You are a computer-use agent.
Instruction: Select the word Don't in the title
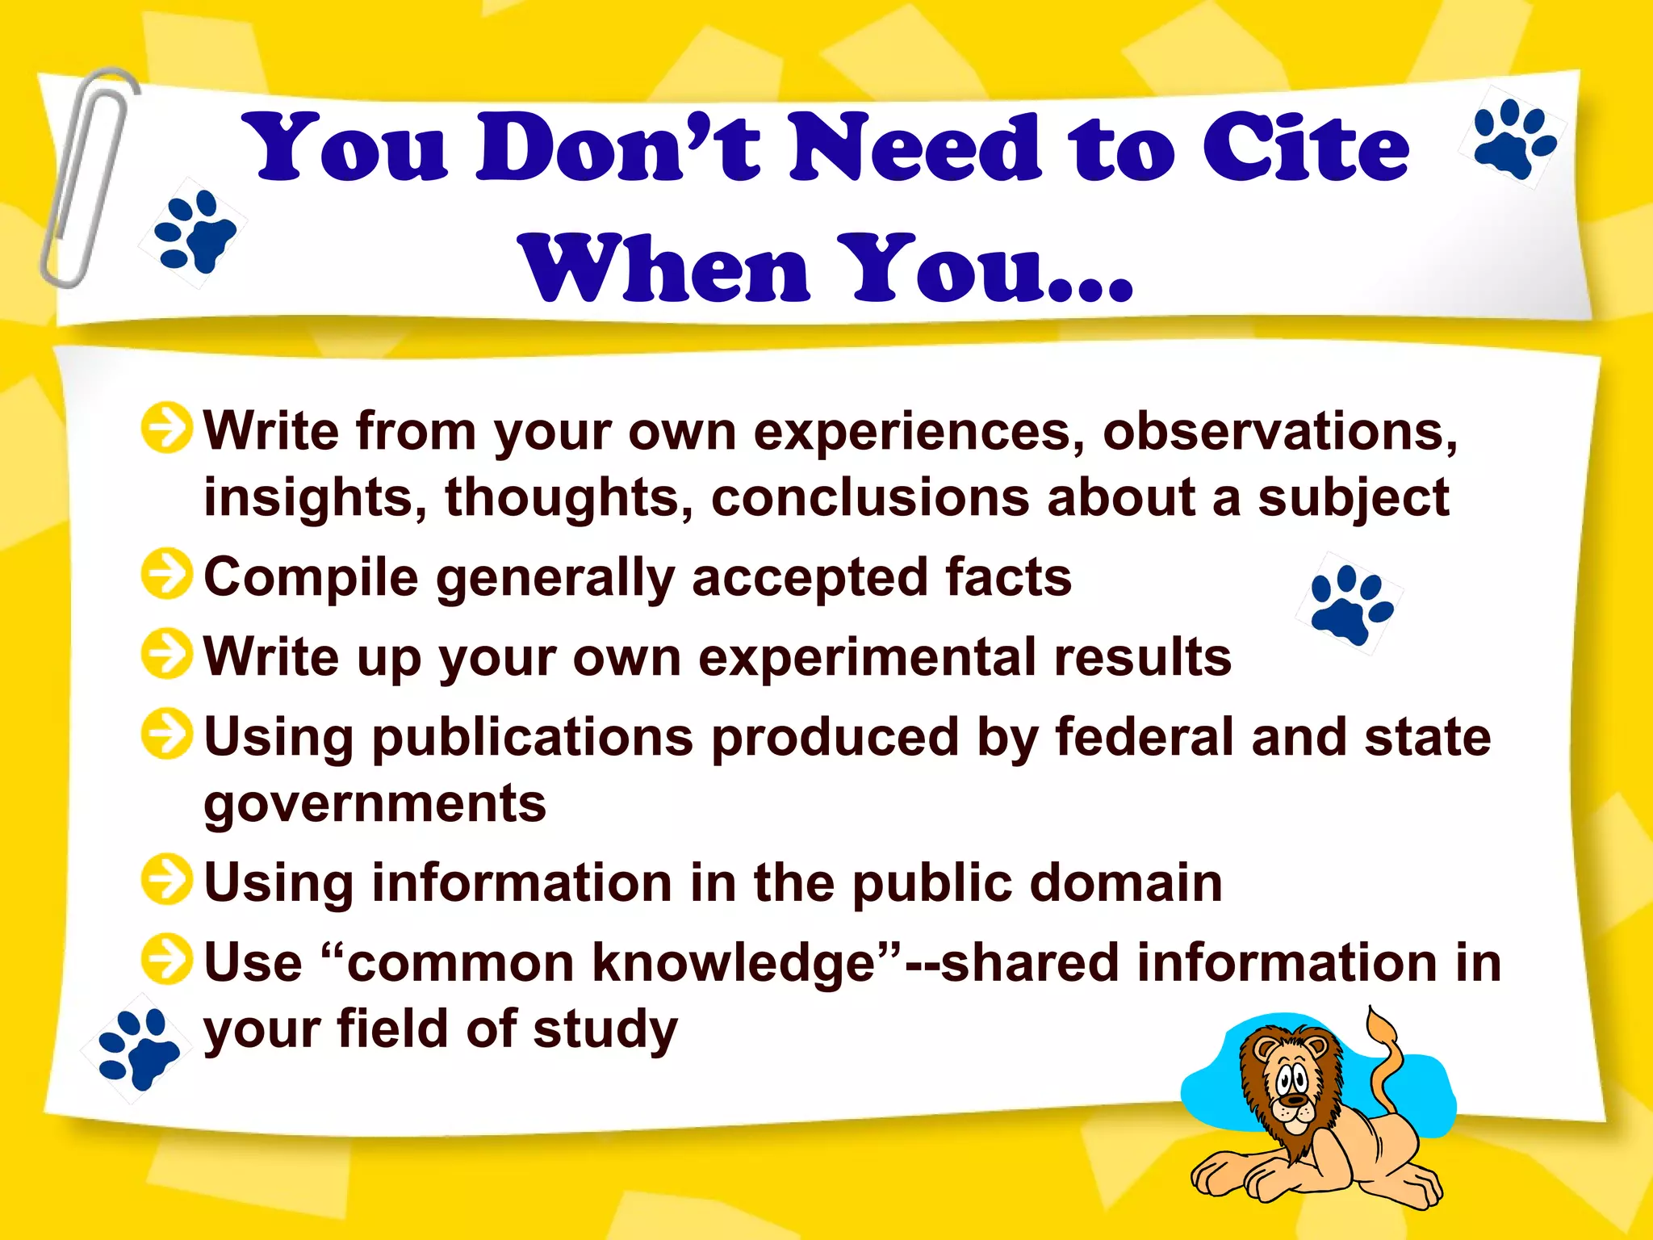[617, 149]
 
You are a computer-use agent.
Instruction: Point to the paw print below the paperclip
[195, 232]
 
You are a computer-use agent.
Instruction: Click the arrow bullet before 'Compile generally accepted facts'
[166, 575]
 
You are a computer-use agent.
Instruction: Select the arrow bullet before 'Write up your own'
[166, 654]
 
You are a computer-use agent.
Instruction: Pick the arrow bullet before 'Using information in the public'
[166, 879]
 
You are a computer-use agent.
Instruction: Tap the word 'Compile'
[311, 578]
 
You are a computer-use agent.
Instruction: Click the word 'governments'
[375, 804]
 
